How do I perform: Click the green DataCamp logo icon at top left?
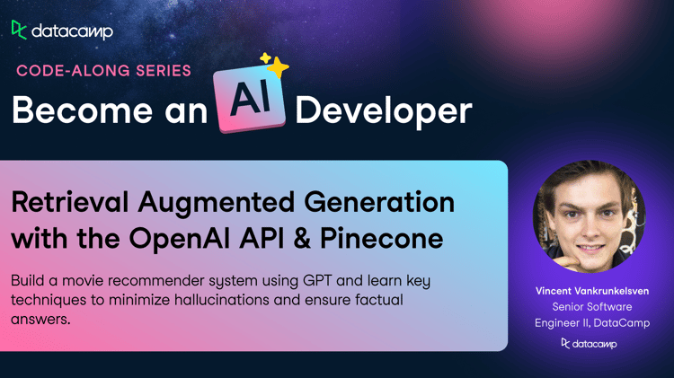click(x=19, y=30)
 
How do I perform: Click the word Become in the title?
click(x=82, y=110)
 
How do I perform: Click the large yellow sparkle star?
click(x=279, y=67)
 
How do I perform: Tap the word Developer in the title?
click(x=384, y=111)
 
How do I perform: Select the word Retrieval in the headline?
click(x=70, y=202)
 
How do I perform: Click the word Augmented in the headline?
click(x=217, y=204)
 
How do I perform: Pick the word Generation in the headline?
click(x=379, y=202)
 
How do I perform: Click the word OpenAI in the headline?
click(x=179, y=239)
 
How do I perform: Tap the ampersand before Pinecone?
click(x=302, y=239)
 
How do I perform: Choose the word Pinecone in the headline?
click(x=382, y=239)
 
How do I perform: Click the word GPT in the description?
click(x=317, y=280)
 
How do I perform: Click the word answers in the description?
click(x=40, y=319)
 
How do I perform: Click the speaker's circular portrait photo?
click(x=590, y=216)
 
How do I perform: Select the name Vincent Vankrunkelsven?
click(x=592, y=291)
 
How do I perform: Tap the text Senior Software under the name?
click(x=592, y=307)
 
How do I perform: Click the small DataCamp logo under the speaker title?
click(x=590, y=344)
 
